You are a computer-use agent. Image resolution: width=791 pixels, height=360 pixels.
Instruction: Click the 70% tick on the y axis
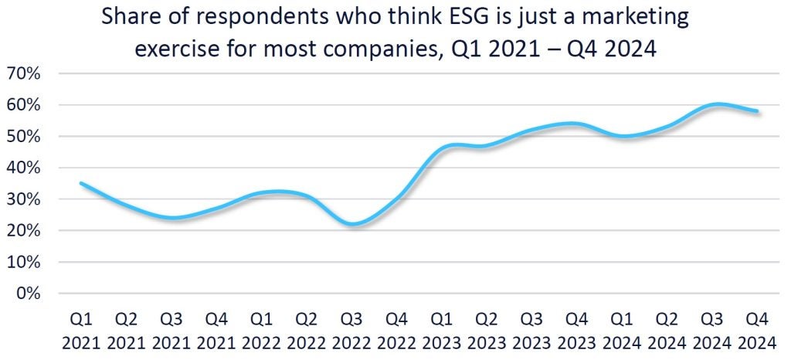24,74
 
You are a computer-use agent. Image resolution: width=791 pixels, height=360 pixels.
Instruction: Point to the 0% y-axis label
28,294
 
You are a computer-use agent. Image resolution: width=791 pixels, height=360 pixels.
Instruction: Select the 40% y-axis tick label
24,168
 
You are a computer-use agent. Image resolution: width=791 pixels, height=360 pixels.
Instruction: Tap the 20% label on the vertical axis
24,231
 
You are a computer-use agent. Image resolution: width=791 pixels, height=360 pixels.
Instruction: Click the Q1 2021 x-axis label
81,329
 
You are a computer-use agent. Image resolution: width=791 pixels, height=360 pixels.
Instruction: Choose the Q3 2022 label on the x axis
352,329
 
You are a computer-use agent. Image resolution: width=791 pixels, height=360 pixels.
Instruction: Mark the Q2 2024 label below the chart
668,329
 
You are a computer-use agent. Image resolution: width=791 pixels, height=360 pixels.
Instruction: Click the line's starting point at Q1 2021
81,183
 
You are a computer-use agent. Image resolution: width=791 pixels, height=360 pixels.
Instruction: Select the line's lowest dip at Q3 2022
352,225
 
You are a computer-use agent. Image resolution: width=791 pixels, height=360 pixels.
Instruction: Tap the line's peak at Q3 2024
717,104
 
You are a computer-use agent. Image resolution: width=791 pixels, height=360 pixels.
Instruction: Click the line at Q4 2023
578,124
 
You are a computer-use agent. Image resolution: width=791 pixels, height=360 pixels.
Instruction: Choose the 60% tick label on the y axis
24,105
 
